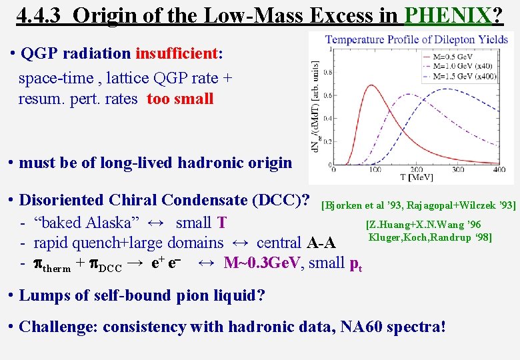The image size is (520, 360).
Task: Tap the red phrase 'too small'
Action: [x=180, y=99]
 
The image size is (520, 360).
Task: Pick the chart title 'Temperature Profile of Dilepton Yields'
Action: [x=416, y=40]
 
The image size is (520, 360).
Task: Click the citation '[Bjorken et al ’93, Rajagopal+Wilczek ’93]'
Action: [x=418, y=205]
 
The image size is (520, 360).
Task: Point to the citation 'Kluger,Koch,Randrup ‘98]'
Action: [x=431, y=237]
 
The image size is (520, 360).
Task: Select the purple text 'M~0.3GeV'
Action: [x=261, y=263]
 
